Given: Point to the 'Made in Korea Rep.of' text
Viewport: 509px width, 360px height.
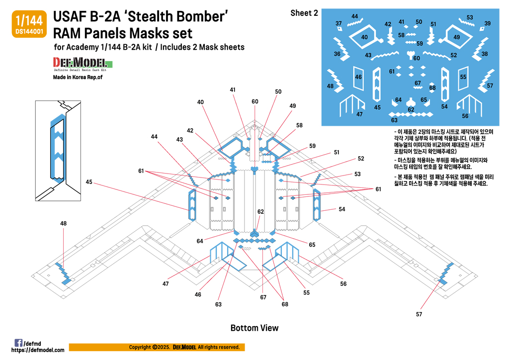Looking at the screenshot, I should (78, 77).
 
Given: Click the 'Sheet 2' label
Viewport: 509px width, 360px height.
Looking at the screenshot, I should (304, 13).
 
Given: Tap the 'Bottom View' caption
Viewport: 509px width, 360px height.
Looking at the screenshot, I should (254, 328).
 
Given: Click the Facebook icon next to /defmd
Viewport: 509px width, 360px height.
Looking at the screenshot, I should (18, 343).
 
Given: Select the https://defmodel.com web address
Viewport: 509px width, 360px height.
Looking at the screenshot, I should (38, 350).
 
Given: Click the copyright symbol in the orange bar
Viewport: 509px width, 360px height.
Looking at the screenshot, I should (155, 347).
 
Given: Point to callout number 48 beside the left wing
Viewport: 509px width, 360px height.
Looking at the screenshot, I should (64, 224).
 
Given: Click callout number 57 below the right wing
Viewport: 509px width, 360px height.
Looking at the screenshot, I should (419, 314).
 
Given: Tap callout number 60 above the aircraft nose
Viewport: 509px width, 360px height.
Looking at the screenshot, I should (255, 101).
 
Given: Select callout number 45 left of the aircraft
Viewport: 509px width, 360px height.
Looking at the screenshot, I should (89, 181).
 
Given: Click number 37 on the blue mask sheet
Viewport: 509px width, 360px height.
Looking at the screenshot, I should (339, 23).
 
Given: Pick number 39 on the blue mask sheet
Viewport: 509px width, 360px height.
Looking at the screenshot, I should (488, 23).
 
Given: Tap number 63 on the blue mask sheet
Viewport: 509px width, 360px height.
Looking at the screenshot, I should (394, 120).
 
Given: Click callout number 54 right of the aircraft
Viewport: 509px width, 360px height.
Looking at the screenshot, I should (341, 209).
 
